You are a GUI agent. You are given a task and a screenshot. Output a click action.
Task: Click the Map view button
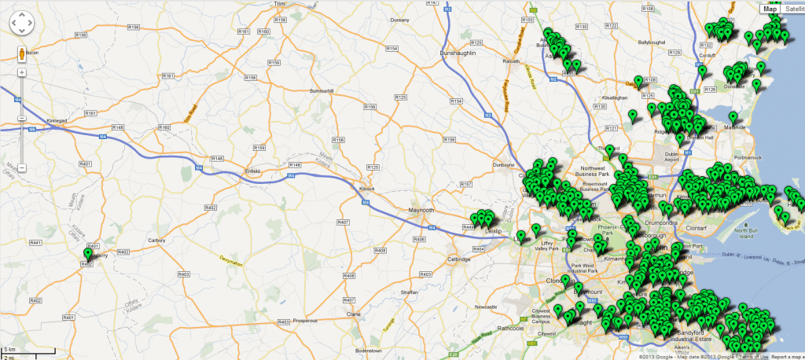[x=770, y=9]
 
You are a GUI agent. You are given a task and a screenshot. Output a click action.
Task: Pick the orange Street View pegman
[x=22, y=54]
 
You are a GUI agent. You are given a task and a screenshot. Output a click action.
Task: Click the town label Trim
[x=278, y=4]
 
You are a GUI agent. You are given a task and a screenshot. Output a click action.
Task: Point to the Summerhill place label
[x=322, y=91]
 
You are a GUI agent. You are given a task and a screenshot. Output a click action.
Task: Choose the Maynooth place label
[x=422, y=210]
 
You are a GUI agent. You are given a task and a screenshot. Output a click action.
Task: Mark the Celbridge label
[x=457, y=259]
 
